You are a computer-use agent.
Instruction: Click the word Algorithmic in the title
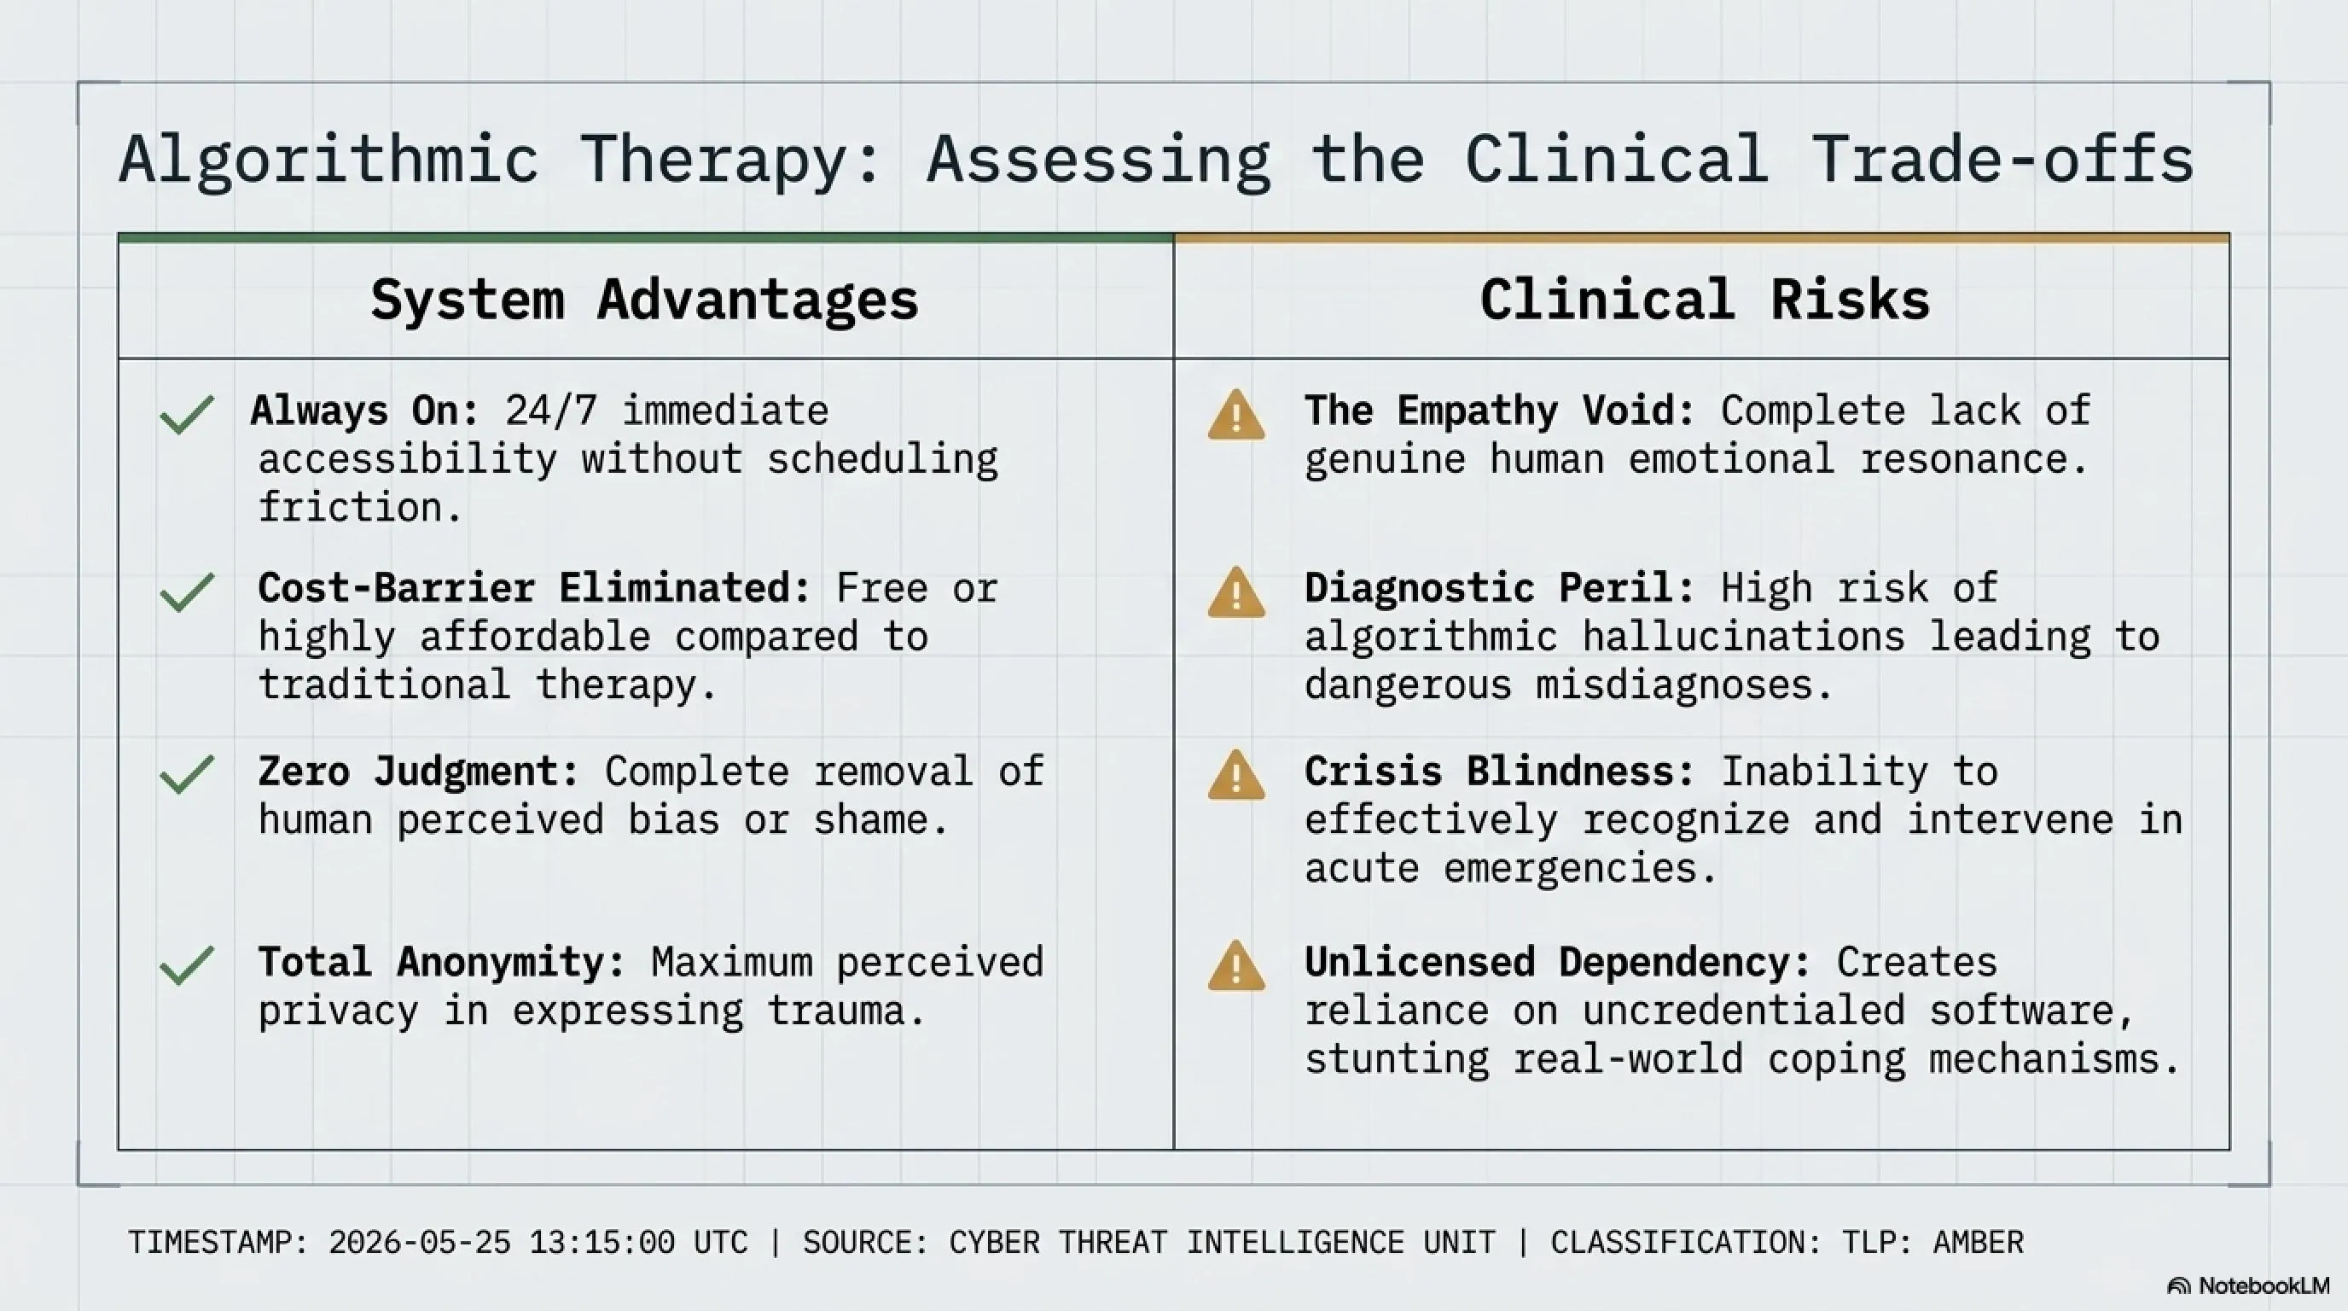tap(328, 160)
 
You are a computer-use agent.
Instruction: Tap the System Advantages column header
tap(644, 299)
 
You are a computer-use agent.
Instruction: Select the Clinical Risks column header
tap(1705, 299)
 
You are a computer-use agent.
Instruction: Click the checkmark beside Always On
tap(187, 415)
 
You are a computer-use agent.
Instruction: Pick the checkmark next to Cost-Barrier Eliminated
tap(187, 591)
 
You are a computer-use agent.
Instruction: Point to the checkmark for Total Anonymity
tap(187, 965)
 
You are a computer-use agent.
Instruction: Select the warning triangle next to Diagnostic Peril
tap(1236, 592)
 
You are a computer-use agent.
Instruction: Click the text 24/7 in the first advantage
tap(551, 411)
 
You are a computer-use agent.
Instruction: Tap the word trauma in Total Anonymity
tap(845, 1011)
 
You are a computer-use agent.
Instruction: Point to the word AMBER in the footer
tap(1978, 1243)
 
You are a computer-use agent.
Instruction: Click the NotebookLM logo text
tap(2264, 1285)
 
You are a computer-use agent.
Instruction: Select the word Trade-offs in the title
tap(2002, 160)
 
